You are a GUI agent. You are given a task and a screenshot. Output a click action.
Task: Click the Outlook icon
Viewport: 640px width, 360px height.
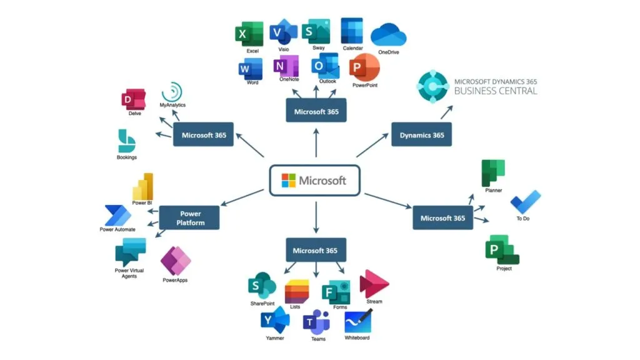tap(325, 66)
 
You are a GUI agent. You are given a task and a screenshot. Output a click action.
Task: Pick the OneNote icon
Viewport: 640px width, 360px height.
tap(286, 67)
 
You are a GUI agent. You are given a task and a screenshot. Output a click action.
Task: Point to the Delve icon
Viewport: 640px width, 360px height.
tap(134, 100)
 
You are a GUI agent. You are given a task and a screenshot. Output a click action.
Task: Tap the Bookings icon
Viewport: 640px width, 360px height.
tap(126, 141)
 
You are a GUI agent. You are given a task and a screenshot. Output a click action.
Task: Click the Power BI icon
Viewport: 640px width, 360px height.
tap(142, 186)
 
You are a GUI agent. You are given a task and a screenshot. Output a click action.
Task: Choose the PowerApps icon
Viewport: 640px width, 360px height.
tap(176, 261)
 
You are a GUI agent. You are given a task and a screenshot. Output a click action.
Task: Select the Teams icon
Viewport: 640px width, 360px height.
tap(317, 321)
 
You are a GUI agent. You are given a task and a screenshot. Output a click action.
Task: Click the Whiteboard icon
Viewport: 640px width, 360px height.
tap(357, 321)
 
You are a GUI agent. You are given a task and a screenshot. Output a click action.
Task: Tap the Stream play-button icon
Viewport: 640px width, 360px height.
tap(374, 284)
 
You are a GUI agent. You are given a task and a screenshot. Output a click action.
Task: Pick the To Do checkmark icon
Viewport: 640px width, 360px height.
tap(525, 202)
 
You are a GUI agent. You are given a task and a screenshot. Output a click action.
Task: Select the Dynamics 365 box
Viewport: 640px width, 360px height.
tap(421, 135)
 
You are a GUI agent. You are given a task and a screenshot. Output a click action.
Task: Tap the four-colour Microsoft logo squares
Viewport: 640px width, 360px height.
tap(288, 181)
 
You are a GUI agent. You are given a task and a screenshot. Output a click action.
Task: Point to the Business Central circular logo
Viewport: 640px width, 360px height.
tap(433, 86)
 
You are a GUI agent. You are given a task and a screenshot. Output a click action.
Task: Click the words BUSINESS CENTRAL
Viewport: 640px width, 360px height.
tap(495, 91)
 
